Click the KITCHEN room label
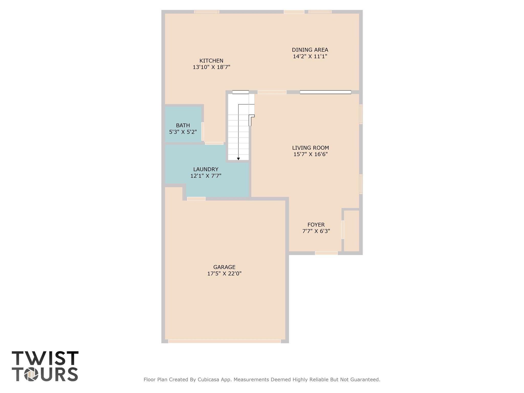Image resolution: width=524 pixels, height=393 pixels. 211,61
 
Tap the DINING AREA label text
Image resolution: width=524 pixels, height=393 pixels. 310,50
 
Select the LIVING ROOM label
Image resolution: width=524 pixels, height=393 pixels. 310,148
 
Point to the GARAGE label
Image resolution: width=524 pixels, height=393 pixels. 224,267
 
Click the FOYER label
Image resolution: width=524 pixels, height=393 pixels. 316,225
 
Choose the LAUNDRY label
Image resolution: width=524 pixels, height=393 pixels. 206,169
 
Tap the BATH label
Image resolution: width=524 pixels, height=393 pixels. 183,125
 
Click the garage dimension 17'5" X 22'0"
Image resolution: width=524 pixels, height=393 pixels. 224,274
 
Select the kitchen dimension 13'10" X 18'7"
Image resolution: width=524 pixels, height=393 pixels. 211,67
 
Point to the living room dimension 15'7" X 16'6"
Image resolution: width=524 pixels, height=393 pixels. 310,154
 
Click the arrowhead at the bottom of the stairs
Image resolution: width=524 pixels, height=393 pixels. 238,159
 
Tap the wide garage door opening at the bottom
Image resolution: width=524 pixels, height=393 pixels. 224,341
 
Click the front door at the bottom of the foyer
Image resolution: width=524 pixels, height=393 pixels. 326,253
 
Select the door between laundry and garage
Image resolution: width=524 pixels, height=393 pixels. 196,199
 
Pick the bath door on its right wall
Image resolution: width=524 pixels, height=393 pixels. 203,131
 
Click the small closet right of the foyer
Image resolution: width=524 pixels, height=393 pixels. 351,231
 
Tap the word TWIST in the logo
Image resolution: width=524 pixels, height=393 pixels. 45,358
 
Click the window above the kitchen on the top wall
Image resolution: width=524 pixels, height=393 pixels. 206,12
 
